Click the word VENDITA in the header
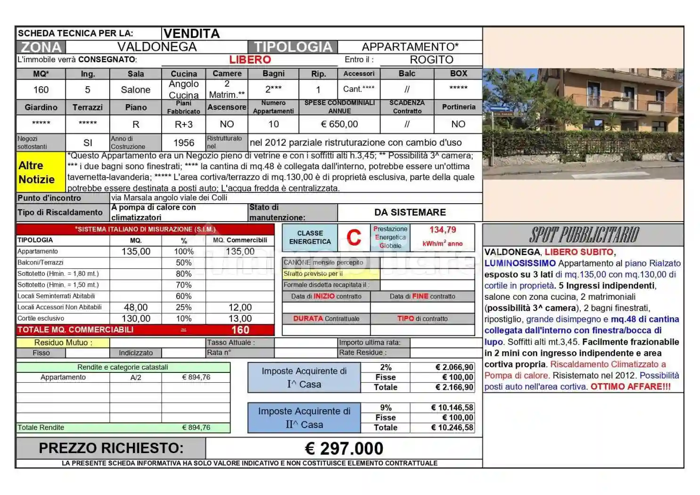pos(191,33)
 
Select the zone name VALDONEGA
pos(156,47)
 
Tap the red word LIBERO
pos(250,60)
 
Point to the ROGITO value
pos(431,60)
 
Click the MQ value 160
pos(41,90)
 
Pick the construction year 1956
pos(184,143)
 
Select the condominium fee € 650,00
pos(339,124)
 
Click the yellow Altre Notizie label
pos(37,172)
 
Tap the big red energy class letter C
pos(354,237)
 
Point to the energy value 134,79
pos(443,230)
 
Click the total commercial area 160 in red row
pos(240,330)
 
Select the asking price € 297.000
pos(344,448)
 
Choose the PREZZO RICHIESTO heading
pos(111,448)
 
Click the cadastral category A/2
pos(136,377)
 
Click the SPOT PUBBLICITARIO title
pos(584,235)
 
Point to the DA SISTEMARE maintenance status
pos(410,212)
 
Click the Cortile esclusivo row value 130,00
pos(136,319)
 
